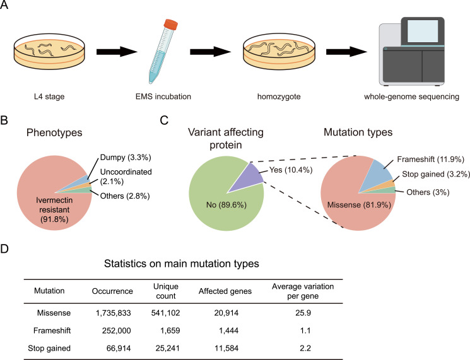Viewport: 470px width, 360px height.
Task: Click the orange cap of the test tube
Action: pyautogui.click(x=170, y=24)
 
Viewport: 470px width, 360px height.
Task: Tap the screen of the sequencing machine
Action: pyautogui.click(x=423, y=31)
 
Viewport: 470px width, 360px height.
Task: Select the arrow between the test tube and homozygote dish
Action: pyautogui.click(x=210, y=52)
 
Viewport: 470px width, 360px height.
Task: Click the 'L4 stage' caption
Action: pyautogui.click(x=49, y=96)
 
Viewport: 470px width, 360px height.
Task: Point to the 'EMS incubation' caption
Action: pyautogui.click(x=163, y=96)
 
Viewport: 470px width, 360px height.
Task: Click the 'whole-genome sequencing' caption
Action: pyautogui.click(x=411, y=96)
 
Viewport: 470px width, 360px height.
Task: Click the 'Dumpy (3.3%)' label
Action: pyautogui.click(x=126, y=157)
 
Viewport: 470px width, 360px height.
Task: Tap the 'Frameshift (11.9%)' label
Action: pyautogui.click(x=430, y=160)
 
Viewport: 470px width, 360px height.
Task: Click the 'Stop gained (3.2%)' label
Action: pyautogui.click(x=436, y=174)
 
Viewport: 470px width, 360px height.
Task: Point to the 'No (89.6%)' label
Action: pyautogui.click(x=226, y=205)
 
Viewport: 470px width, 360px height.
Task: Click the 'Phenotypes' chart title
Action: pyautogui.click(x=54, y=132)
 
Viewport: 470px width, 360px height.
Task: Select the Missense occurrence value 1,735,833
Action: pyautogui.click(x=114, y=313)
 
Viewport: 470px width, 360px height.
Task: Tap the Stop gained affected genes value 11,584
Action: pyautogui.click(x=226, y=348)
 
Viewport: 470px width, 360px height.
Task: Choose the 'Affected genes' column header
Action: pyautogui.click(x=225, y=291)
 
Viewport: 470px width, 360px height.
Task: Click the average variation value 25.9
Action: pyautogui.click(x=303, y=313)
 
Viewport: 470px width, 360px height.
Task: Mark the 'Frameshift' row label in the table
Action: pyautogui.click(x=52, y=330)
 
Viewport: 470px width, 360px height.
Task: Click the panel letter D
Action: pyautogui.click(x=4, y=249)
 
